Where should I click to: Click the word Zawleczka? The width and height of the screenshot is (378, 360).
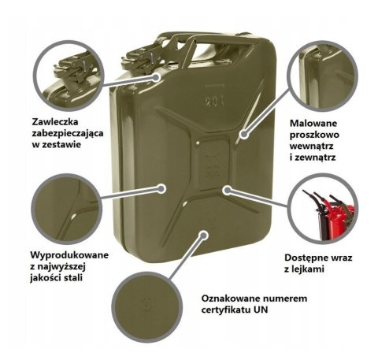[55, 122]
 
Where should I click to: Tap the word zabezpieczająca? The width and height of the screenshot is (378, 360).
[68, 133]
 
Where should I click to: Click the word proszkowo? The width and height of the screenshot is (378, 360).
[314, 135]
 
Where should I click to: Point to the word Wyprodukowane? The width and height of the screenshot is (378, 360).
[69, 255]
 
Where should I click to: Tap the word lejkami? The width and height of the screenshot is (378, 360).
[308, 269]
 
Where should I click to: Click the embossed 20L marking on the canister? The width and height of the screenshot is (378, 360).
[214, 101]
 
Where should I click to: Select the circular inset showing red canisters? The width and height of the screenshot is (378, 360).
[323, 209]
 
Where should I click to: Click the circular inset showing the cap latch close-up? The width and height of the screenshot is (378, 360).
[69, 76]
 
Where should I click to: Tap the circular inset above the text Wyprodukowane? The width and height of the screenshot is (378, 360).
[66, 209]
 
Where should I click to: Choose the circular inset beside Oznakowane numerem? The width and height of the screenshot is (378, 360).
[147, 307]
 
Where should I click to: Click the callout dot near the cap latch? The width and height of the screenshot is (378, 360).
[157, 77]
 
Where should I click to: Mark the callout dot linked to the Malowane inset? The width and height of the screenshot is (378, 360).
[244, 135]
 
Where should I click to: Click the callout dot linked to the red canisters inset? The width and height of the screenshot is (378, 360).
[228, 190]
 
